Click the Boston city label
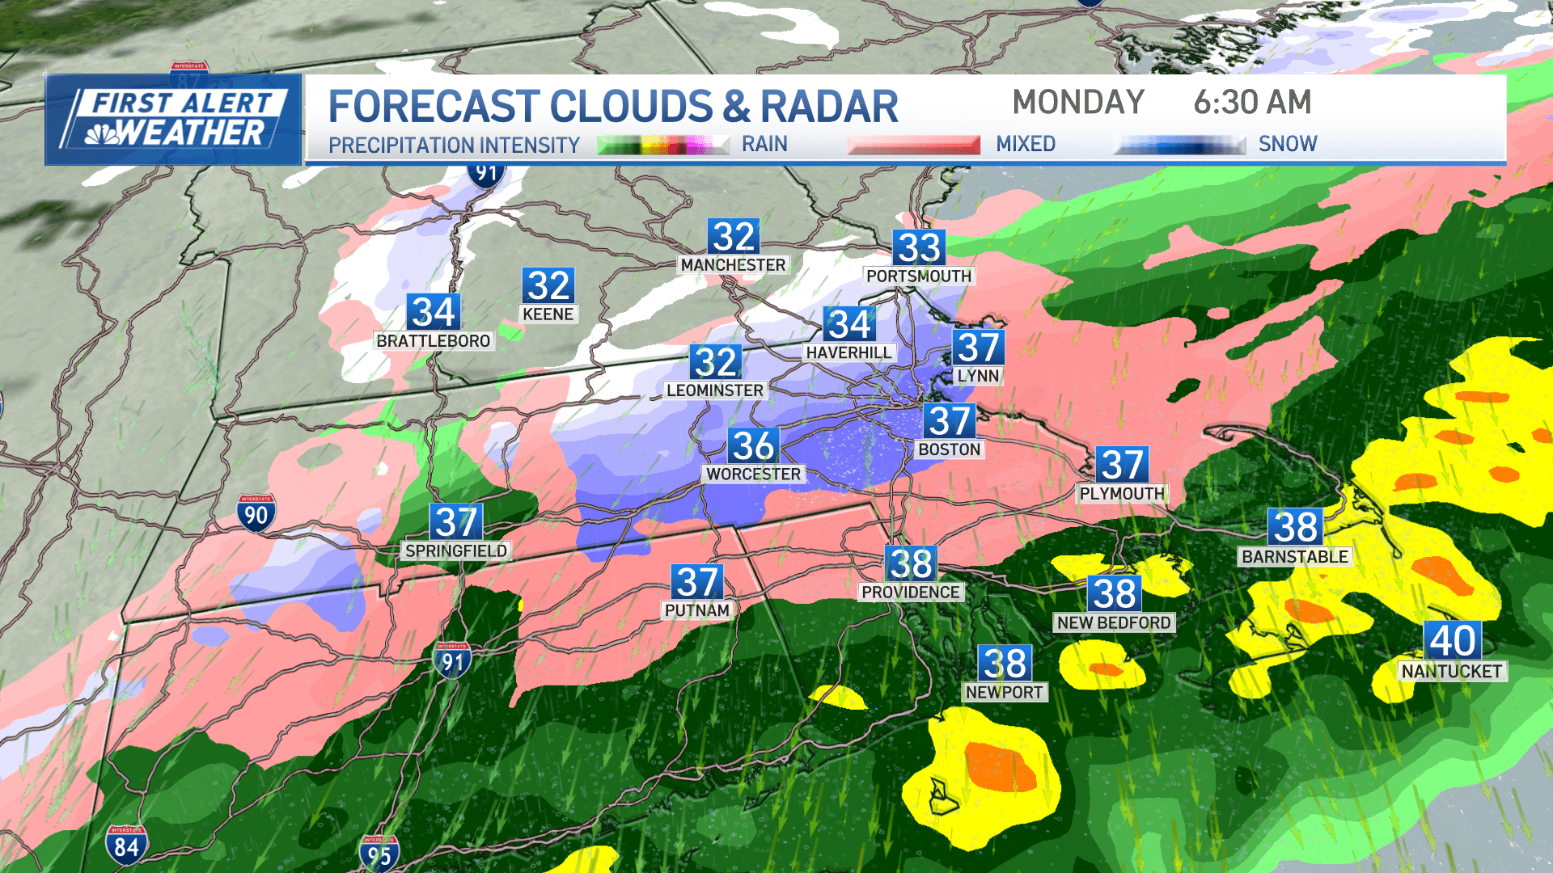949,449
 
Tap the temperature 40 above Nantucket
1453,641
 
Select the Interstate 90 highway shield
256,513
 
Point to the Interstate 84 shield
126,846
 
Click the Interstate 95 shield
379,854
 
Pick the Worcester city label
753,474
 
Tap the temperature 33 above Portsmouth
919,248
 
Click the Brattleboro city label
433,341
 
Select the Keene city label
548,314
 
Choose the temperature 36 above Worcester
754,446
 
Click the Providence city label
910,592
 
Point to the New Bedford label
1114,622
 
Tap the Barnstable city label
1295,557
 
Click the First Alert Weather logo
174,120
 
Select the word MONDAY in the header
1078,103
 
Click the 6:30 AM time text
1252,103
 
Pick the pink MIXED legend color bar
913,145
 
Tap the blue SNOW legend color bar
1179,145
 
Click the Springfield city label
456,550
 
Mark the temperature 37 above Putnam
697,583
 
